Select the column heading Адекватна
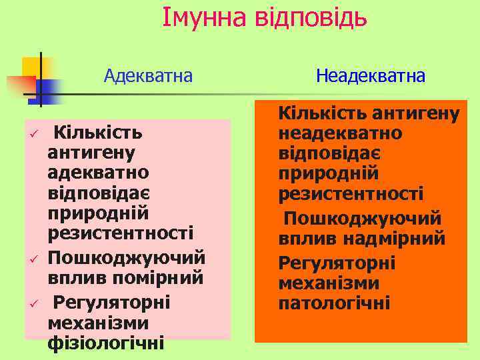[x=148, y=75]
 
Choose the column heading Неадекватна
[x=371, y=76]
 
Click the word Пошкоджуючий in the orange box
[x=363, y=219]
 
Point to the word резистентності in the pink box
[x=121, y=233]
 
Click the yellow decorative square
[x=31, y=67]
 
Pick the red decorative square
[x=20, y=85]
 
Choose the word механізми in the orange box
[x=329, y=283]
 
